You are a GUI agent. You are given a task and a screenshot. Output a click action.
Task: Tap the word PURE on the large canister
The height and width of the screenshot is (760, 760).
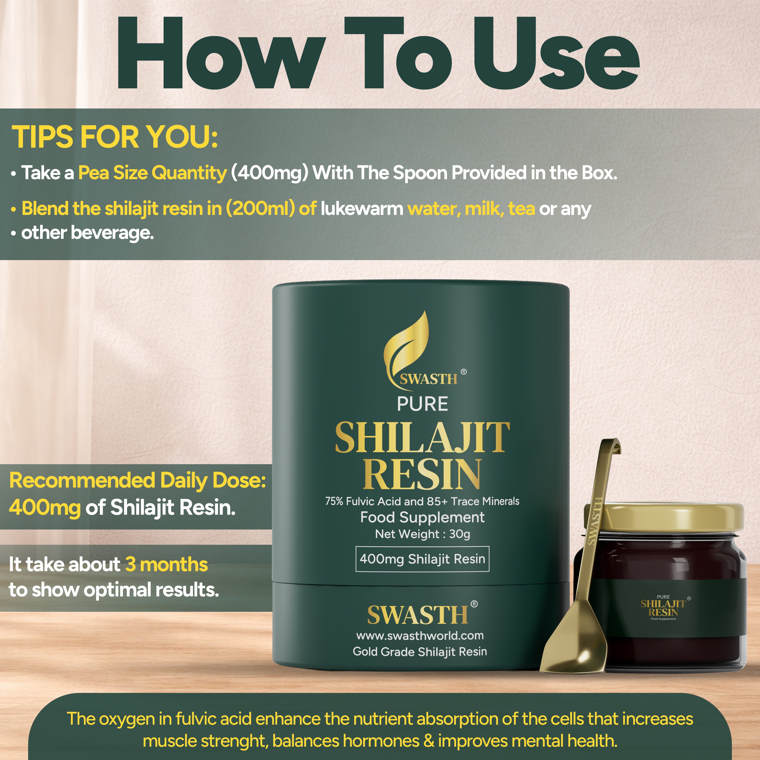[x=423, y=404]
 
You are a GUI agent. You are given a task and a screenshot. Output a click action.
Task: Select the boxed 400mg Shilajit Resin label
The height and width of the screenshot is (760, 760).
[x=423, y=559]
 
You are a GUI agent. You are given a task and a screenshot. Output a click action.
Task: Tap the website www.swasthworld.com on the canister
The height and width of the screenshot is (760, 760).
[x=420, y=636]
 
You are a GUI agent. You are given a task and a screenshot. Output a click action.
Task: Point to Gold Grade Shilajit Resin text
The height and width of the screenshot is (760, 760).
[x=420, y=652]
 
